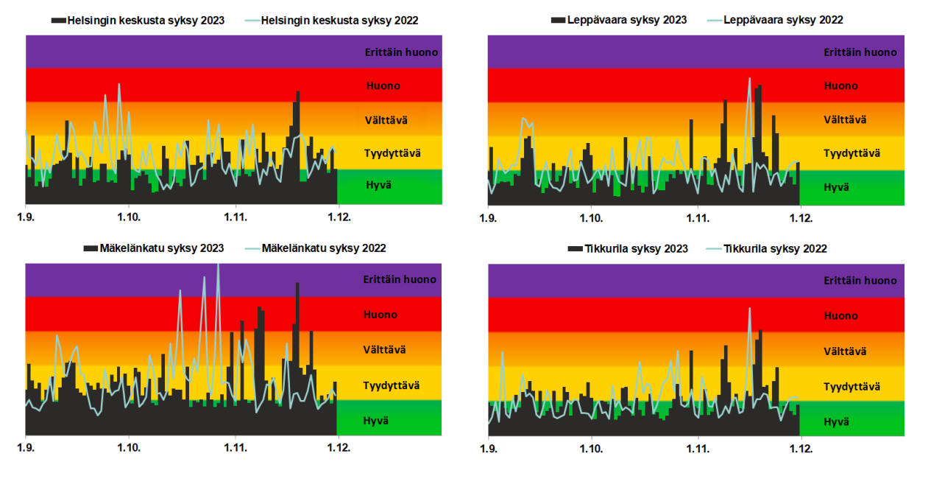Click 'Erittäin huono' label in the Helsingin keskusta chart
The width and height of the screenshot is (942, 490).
click(x=401, y=52)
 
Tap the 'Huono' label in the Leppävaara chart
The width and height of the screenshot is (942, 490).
click(x=840, y=86)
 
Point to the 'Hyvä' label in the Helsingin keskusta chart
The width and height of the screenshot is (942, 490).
click(x=378, y=185)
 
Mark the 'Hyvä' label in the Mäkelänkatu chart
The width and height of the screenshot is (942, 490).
click(x=375, y=421)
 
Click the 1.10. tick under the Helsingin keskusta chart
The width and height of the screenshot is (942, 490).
click(x=129, y=218)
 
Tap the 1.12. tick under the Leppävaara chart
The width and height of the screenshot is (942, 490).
click(x=801, y=218)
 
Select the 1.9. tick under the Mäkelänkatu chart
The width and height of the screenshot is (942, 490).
click(x=26, y=447)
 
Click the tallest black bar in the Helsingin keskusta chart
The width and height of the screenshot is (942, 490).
click(x=298, y=136)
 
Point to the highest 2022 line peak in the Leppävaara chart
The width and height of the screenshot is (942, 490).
click(x=750, y=79)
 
